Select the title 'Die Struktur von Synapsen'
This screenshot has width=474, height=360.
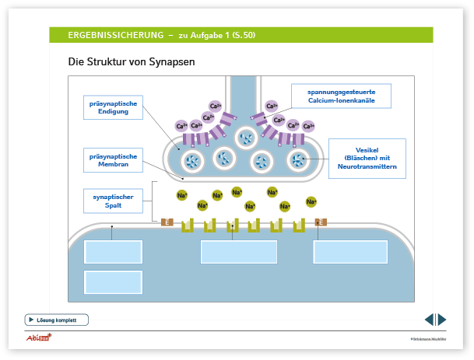[x=132, y=61]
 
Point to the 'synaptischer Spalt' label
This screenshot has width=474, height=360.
[x=112, y=201]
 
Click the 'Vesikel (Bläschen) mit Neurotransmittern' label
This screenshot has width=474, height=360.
[x=366, y=158]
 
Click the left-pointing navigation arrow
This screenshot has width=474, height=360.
[x=429, y=320]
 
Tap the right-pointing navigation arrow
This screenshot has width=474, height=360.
[x=441, y=320]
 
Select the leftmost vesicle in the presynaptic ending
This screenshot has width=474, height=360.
[x=192, y=162]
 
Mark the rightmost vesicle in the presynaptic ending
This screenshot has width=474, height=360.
[x=298, y=161]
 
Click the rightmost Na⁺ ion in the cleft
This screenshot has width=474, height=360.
[x=311, y=201]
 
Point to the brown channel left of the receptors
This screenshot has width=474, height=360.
[x=167, y=222]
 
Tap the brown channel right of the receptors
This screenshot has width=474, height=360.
[x=321, y=222]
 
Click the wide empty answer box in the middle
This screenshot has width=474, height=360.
[x=239, y=252]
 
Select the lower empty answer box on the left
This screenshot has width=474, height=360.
[x=113, y=281]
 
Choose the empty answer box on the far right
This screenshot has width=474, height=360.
[x=350, y=252]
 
